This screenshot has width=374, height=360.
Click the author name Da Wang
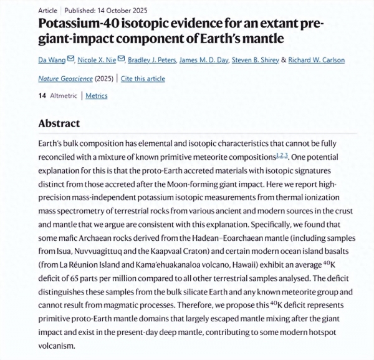52,60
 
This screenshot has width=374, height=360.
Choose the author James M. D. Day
203,60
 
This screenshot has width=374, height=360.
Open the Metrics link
96,95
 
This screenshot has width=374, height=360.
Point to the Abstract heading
59,124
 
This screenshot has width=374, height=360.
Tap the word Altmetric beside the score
63,95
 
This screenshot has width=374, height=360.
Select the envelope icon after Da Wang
70,60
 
